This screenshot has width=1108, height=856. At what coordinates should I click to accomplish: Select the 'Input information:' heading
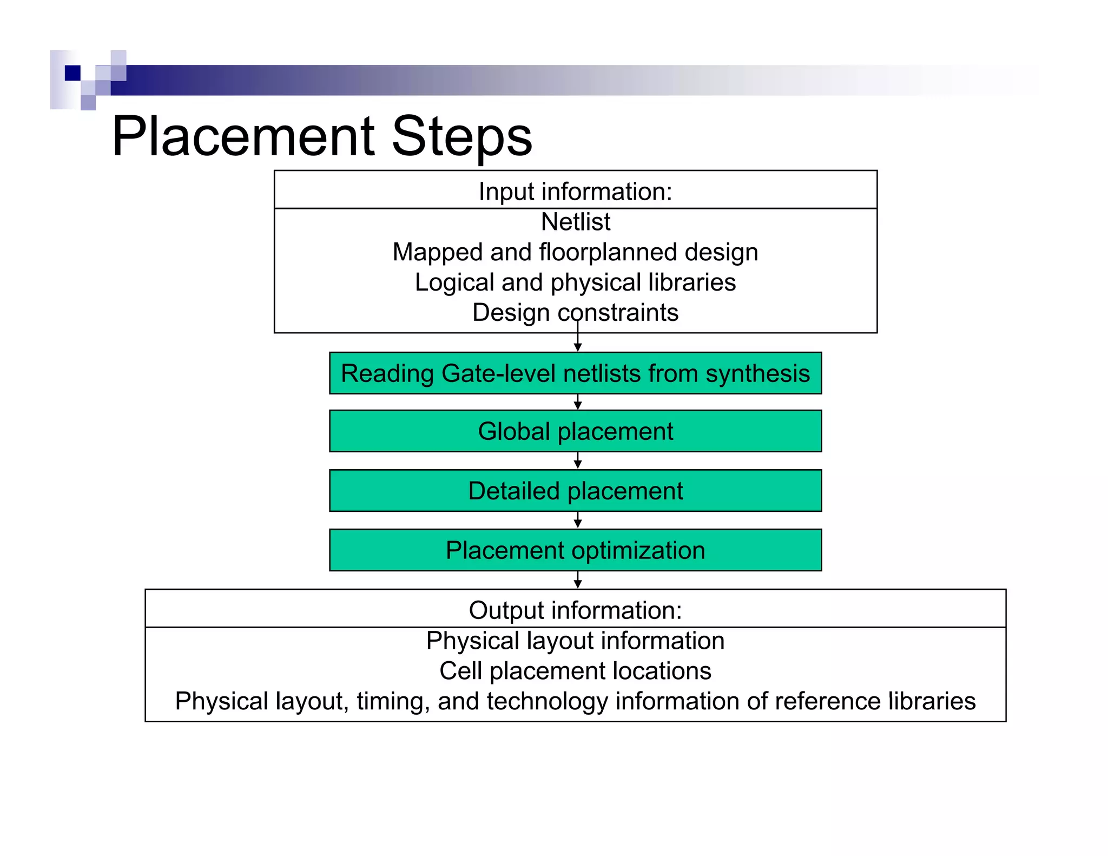575,192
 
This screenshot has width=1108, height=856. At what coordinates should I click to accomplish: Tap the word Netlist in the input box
576,222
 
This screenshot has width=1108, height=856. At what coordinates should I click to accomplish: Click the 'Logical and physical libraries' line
575,282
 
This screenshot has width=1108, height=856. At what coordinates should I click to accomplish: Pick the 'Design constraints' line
575,313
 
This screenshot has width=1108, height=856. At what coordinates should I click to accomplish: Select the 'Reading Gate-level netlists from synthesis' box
575,373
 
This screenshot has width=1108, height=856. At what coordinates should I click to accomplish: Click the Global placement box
575,431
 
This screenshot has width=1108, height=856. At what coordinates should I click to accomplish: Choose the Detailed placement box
575,491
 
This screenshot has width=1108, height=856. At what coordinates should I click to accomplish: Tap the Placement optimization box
575,550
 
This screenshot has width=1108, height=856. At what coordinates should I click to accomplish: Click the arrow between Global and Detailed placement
578,461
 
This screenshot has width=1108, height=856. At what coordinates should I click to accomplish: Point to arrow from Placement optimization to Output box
578,581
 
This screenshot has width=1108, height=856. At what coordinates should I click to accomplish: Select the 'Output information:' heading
575,610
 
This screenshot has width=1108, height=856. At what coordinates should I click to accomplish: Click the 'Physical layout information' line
575,641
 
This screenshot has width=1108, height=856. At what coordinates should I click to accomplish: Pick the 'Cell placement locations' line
575,671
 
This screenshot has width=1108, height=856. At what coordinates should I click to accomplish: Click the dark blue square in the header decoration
72,73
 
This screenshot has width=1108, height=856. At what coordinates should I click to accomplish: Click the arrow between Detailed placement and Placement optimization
578,521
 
